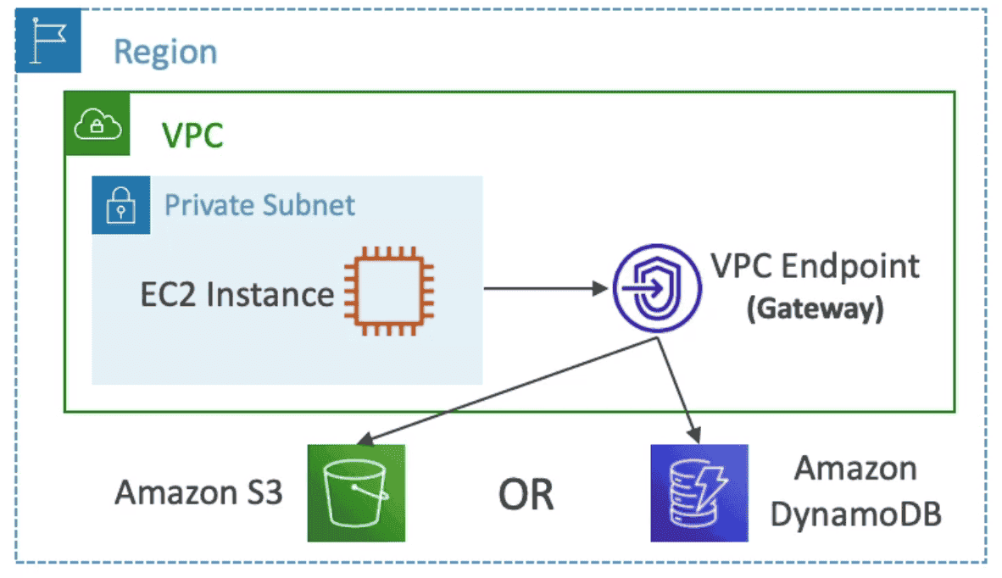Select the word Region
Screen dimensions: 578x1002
pyautogui.click(x=165, y=52)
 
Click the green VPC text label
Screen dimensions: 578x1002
pyautogui.click(x=192, y=136)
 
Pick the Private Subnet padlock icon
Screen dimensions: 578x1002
pyautogui.click(x=121, y=205)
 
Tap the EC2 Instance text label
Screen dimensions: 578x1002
pyautogui.click(x=237, y=294)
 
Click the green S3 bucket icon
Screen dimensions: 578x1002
pyautogui.click(x=357, y=493)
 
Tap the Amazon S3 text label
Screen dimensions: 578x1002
pyautogui.click(x=198, y=492)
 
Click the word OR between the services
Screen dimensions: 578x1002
pyautogui.click(x=526, y=494)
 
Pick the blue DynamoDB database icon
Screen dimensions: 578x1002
pyautogui.click(x=699, y=493)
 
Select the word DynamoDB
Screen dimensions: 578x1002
pyautogui.click(x=856, y=514)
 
